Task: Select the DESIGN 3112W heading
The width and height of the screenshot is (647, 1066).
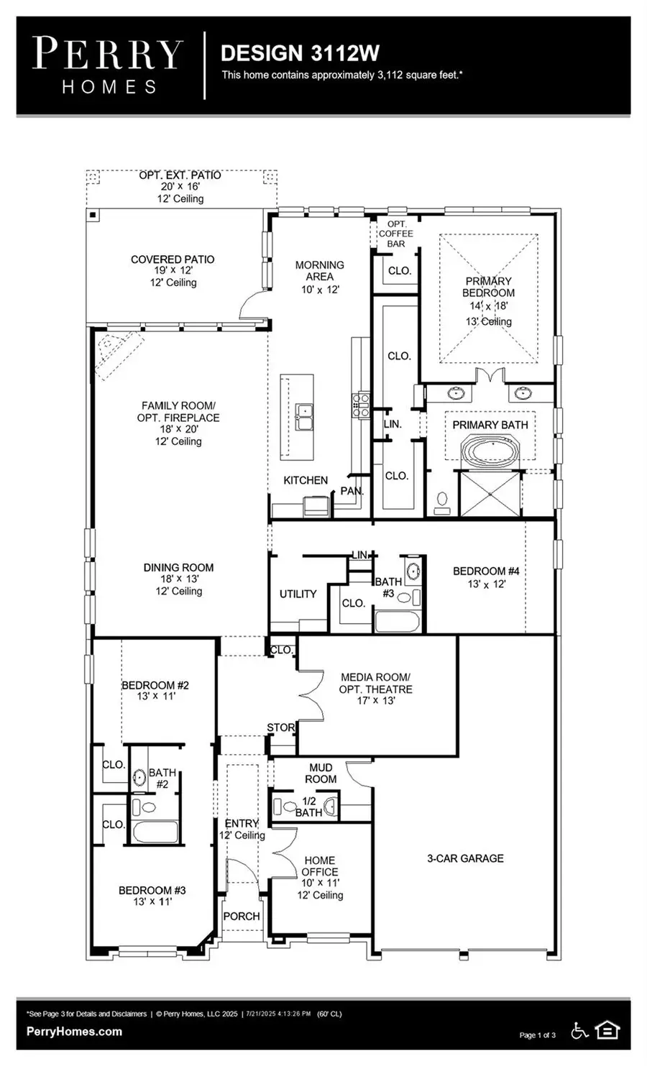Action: coord(300,53)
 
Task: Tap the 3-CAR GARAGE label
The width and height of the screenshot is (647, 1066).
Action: coord(465,858)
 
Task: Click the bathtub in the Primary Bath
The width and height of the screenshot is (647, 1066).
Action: coord(490,454)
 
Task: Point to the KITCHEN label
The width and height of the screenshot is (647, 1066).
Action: coord(306,480)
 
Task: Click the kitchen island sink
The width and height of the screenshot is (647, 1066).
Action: coord(306,415)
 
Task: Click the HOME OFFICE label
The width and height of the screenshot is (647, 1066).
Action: coord(320,865)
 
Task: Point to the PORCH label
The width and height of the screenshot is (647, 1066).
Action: coord(242,916)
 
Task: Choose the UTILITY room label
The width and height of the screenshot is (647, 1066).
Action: coord(298,594)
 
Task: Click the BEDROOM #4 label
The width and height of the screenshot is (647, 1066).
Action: coord(486,571)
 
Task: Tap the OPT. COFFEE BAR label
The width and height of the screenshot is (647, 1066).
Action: coord(396,234)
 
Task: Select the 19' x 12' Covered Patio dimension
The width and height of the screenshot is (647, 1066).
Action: coord(173,271)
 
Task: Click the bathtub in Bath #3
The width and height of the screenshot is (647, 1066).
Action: coord(397,620)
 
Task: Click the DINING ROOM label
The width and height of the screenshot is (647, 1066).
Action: coord(178,568)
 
